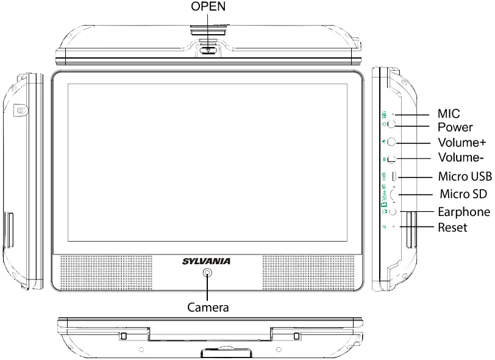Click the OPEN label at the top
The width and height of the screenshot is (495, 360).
pyautogui.click(x=209, y=7)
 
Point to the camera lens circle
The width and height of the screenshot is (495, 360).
pyautogui.click(x=208, y=274)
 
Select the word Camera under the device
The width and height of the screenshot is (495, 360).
pyautogui.click(x=208, y=308)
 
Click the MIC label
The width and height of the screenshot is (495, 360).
pyautogui.click(x=449, y=113)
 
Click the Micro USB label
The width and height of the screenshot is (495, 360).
pyautogui.click(x=464, y=177)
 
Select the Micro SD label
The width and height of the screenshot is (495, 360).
pyautogui.click(x=463, y=194)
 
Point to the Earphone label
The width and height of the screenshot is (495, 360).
pyautogui.click(x=464, y=212)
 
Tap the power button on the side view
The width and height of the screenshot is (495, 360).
pyautogui.click(x=391, y=124)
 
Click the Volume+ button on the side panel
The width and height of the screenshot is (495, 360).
pyautogui.click(x=391, y=142)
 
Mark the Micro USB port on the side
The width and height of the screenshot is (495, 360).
pyautogui.click(x=394, y=176)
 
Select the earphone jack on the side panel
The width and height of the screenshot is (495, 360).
pyautogui.click(x=393, y=211)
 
